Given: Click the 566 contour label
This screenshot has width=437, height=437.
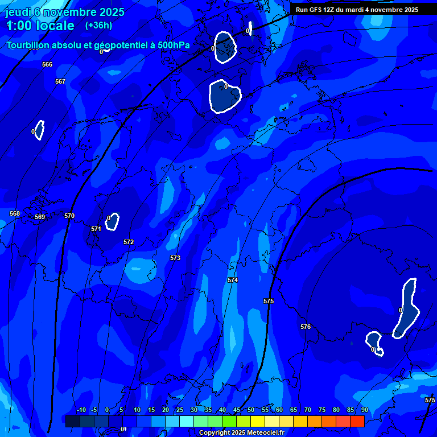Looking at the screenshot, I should (47, 64).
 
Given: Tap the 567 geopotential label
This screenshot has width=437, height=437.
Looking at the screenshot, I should (60, 81).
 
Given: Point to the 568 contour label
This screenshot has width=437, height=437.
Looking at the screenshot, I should (15, 213).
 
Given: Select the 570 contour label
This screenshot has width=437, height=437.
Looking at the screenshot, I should (69, 216).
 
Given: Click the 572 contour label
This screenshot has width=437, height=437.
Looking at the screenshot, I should (129, 242).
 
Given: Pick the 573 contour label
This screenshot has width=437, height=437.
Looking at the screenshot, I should (175, 258).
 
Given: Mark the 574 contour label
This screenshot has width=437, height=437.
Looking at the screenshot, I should (232, 280).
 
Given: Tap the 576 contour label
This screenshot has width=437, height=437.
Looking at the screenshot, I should (306, 327).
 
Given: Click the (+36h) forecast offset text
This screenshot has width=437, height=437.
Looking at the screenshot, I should (98, 26).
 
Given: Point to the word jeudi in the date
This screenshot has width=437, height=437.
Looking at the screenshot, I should (19, 12).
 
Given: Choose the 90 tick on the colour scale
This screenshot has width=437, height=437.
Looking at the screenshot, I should (364, 410).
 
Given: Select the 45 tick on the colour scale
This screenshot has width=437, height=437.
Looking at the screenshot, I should (236, 410).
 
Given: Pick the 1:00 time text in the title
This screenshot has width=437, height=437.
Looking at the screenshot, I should (17, 26).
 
